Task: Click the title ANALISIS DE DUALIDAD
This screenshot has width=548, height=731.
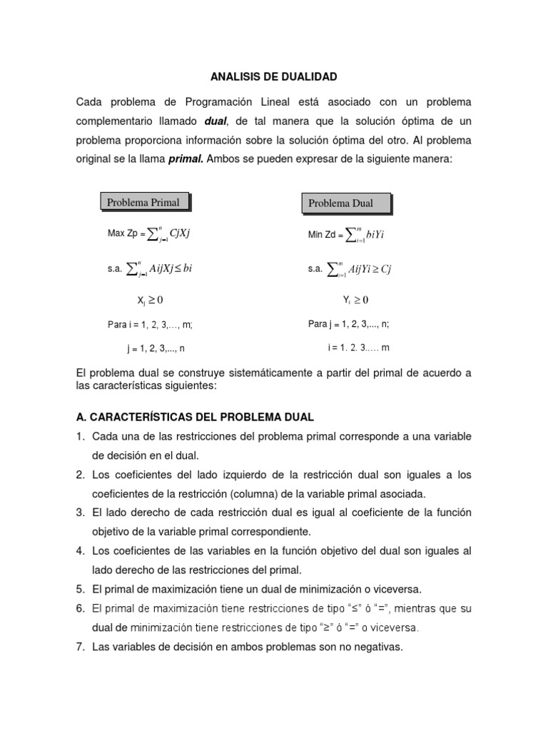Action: [x=273, y=76]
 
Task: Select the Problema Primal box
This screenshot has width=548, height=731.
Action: [x=143, y=202]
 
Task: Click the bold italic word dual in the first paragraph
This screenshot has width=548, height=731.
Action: [x=217, y=121]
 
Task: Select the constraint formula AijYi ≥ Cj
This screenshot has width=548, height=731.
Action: [x=350, y=268]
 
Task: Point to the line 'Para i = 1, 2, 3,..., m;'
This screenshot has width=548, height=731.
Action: [x=150, y=325]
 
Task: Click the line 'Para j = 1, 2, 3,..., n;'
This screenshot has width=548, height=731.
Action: [x=348, y=324]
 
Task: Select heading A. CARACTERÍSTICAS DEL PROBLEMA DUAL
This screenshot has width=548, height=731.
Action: [x=195, y=417]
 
